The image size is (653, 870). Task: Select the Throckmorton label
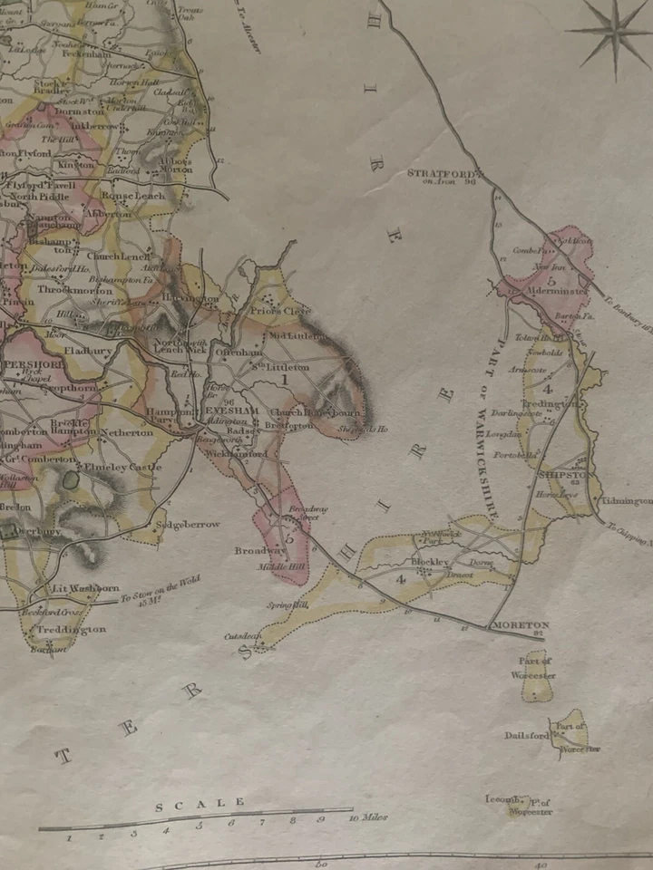point(75,290)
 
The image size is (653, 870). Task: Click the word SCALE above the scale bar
point(200,803)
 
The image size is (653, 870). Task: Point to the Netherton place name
point(126,433)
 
